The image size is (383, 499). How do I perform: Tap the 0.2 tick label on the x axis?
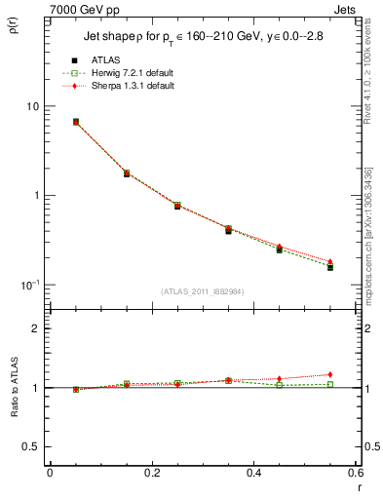pos(151,473)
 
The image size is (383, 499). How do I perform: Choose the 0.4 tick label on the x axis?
pos(253,473)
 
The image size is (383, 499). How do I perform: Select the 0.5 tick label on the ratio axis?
pos(31,446)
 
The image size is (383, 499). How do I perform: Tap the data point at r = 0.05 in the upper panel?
pos(76,122)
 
